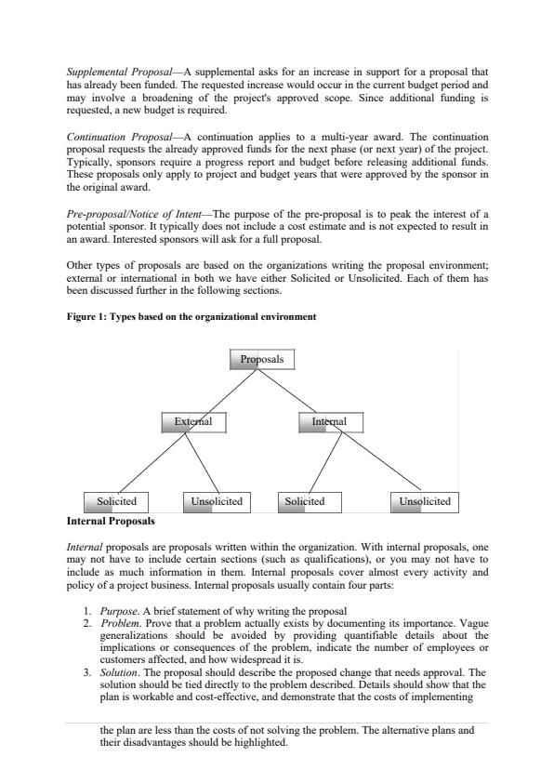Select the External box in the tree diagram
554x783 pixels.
coord(193,422)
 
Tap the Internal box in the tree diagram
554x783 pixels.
coord(330,422)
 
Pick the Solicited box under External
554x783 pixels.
coord(115,501)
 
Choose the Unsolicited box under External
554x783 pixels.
coord(216,501)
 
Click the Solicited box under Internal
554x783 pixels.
coord(310,501)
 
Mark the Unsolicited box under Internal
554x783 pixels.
coord(424,501)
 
